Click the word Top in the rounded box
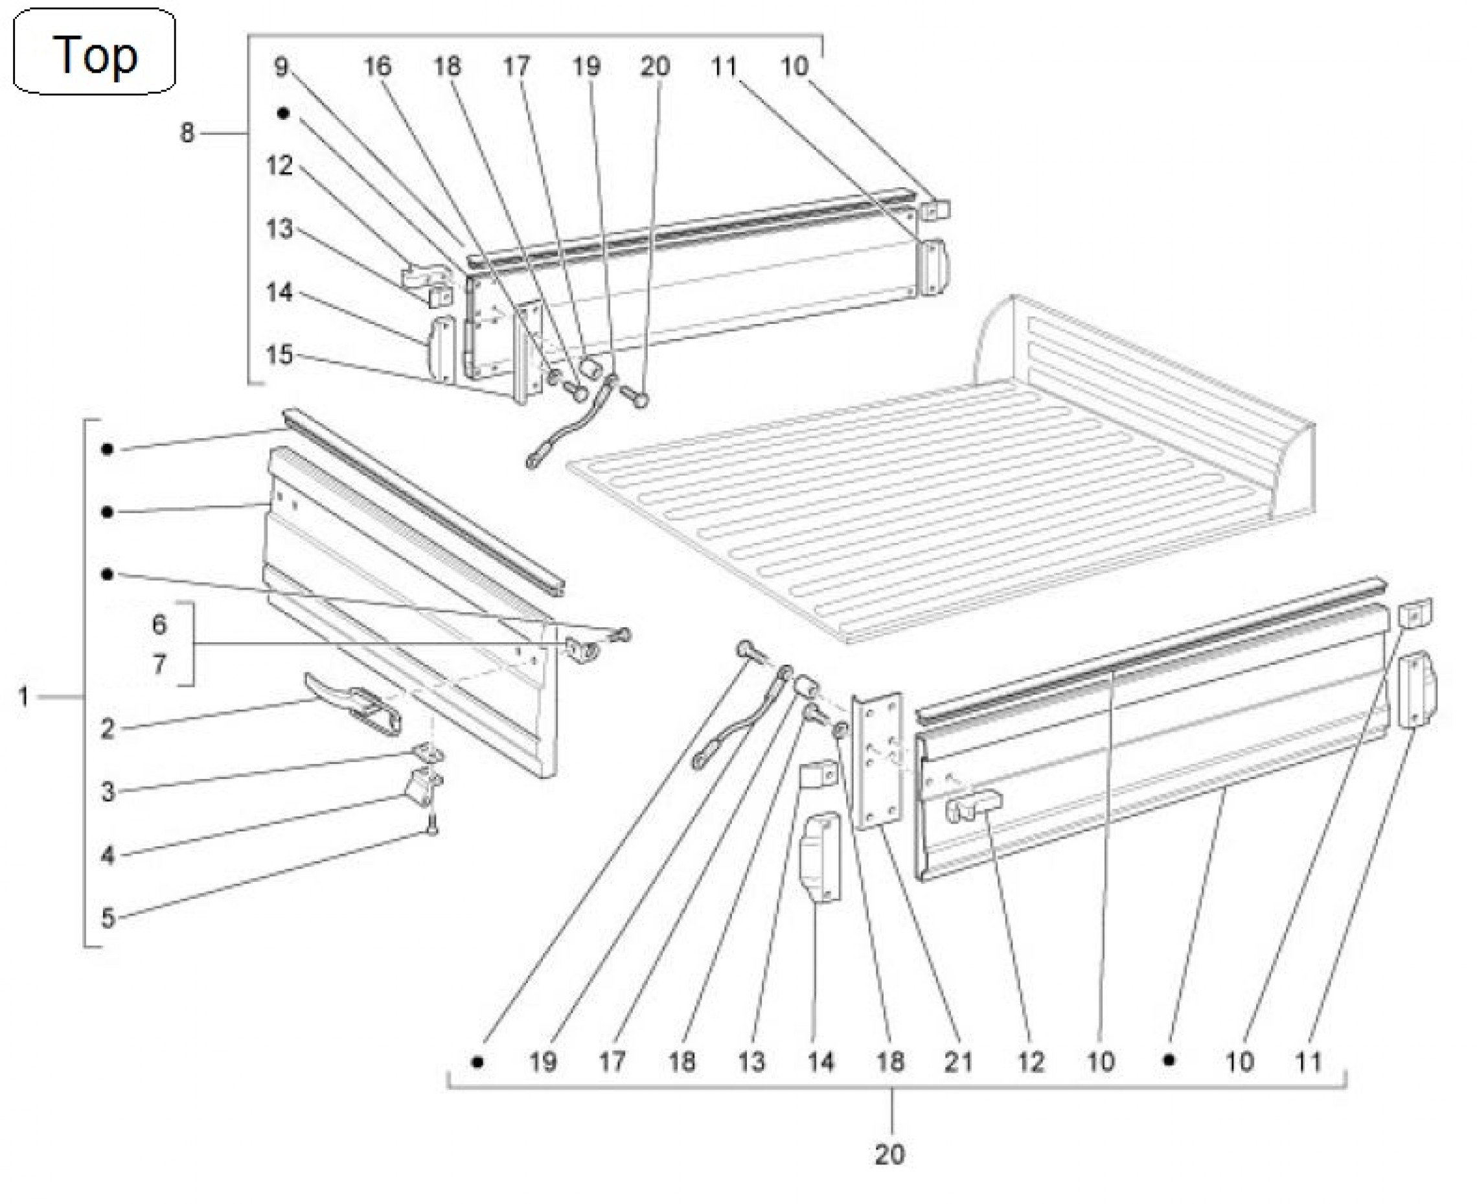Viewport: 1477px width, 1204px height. pos(95,56)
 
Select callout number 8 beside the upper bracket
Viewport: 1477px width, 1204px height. pos(187,132)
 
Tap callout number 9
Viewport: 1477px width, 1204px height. pos(281,67)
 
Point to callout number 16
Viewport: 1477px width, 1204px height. pos(377,67)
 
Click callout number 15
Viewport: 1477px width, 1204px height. pos(279,354)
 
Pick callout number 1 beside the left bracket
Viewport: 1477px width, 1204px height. pos(23,697)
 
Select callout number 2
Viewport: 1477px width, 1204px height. pos(108,729)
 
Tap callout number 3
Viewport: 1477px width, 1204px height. pos(108,791)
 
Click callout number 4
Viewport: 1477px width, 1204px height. pos(108,855)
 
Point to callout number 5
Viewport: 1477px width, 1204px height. pos(108,918)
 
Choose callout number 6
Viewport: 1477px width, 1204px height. pos(159,624)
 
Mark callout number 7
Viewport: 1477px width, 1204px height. pos(159,664)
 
